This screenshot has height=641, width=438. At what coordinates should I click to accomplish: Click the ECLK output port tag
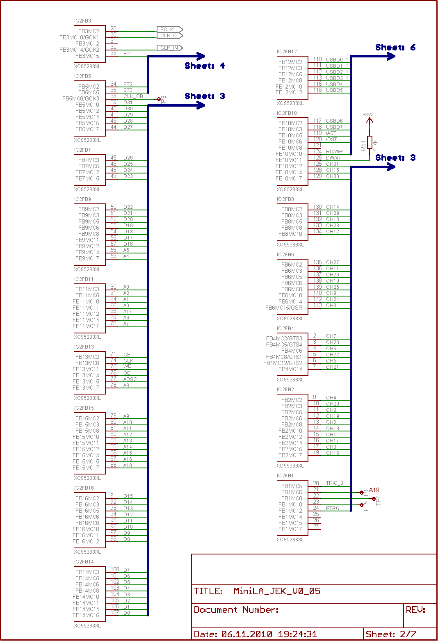click(x=169, y=30)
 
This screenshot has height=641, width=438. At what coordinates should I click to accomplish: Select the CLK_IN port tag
click(x=169, y=48)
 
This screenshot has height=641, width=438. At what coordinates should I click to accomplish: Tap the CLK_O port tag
click(x=169, y=36)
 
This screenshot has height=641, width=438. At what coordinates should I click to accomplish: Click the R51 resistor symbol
click(x=370, y=142)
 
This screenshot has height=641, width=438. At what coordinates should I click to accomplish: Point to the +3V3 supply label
click(x=368, y=115)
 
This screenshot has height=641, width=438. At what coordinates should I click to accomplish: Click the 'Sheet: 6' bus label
click(x=395, y=48)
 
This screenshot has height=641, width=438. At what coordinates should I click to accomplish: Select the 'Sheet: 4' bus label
click(x=205, y=66)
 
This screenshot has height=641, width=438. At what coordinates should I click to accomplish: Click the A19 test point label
click(x=374, y=490)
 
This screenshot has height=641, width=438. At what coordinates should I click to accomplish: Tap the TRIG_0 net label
click(x=334, y=483)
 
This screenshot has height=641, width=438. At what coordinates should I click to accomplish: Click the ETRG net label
click(x=333, y=509)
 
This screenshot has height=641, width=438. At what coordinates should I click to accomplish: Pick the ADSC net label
click(x=130, y=379)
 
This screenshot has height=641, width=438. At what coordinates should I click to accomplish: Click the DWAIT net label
click(x=333, y=158)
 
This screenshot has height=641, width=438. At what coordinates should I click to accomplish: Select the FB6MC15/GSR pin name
click(x=283, y=308)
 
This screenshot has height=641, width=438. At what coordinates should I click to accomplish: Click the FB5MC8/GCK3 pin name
click(x=80, y=98)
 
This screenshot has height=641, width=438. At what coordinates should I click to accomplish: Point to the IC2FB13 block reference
click(x=84, y=347)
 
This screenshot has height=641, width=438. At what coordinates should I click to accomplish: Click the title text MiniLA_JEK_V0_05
click(x=277, y=591)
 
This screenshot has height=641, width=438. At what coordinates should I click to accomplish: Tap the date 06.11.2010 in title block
click(x=246, y=634)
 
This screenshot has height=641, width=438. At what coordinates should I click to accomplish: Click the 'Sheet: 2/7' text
click(x=390, y=634)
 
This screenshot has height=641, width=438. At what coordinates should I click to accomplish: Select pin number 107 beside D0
click(x=114, y=613)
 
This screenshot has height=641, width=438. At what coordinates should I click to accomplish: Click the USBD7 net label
click(x=334, y=127)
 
